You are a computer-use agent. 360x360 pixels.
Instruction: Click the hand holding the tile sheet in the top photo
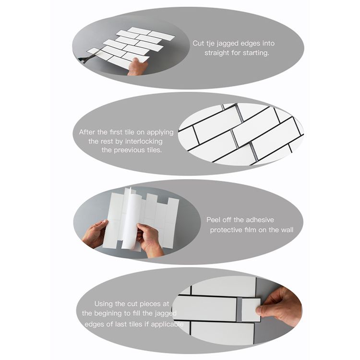coord(137,67)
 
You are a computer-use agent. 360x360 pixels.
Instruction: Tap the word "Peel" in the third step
coord(214,220)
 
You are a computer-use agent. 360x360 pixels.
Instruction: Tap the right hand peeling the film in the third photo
coord(148,238)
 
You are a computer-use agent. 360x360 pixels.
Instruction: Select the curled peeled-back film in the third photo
coord(130,218)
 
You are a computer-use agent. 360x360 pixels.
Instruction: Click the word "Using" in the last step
coord(104,303)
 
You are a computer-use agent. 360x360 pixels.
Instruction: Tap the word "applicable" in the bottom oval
coord(167,323)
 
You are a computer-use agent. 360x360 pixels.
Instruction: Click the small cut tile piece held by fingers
coord(249,310)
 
